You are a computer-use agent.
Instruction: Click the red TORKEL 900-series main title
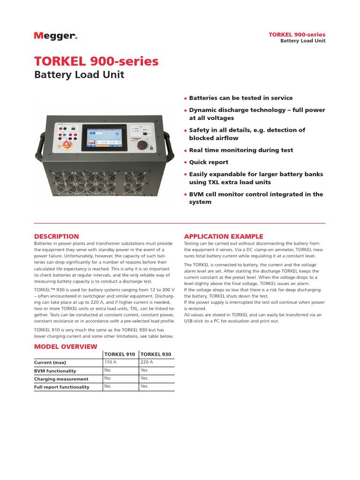(x=96, y=61)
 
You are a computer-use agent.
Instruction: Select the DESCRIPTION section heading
(x=57, y=236)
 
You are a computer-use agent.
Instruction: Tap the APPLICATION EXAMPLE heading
(x=224, y=236)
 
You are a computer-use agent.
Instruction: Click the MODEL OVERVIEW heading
(x=66, y=346)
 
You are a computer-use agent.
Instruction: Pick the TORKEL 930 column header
(x=156, y=355)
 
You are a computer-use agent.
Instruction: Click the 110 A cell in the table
(x=111, y=362)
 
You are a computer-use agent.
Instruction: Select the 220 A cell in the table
(x=147, y=362)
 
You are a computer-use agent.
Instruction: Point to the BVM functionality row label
(x=55, y=371)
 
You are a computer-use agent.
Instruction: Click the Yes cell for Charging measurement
(x=144, y=378)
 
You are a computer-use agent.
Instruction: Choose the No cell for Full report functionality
(x=107, y=386)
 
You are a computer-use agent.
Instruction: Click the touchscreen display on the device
(x=104, y=137)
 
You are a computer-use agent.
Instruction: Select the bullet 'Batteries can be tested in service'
(x=240, y=98)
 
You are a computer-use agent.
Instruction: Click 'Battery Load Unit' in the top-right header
(x=302, y=41)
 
